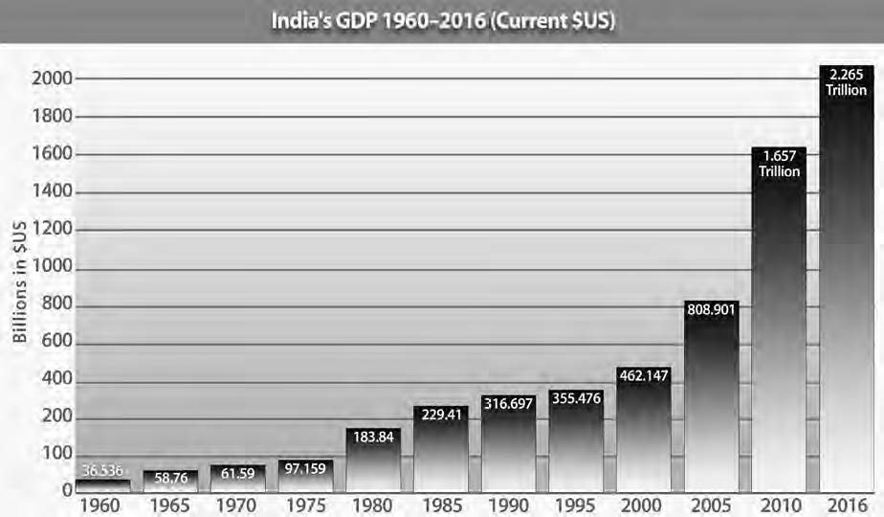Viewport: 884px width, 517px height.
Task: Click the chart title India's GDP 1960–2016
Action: [x=442, y=21]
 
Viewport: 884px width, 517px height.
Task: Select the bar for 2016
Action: [x=846, y=287]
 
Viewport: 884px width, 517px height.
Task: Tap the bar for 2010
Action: [x=778, y=326]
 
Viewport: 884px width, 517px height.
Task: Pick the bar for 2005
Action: [x=711, y=402]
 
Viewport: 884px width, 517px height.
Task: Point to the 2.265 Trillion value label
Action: [x=846, y=82]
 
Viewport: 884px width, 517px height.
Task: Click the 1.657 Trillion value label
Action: [x=778, y=164]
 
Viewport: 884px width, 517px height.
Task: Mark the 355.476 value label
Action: [x=576, y=397]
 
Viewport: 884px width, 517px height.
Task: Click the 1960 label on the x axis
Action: [x=102, y=504]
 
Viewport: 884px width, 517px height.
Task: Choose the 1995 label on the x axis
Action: [x=576, y=504]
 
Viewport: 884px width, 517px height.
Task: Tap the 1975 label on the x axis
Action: [x=305, y=504]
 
